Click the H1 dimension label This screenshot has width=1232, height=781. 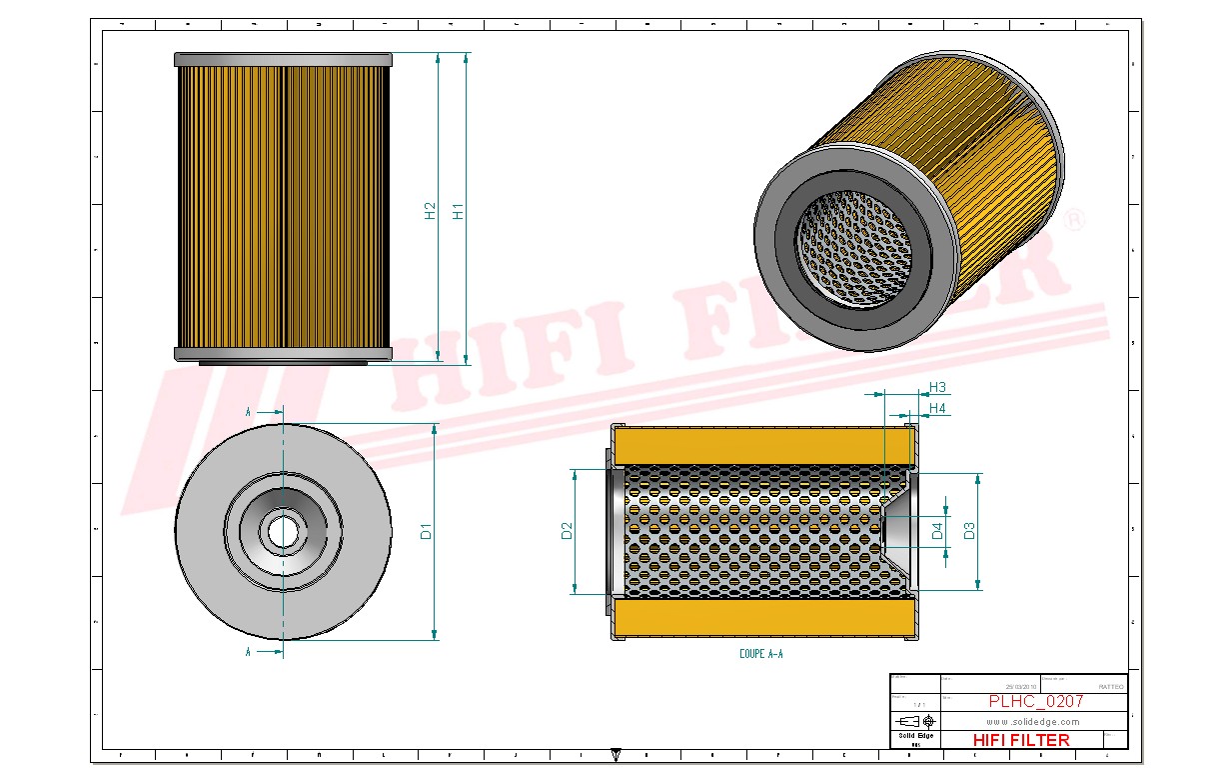point(459,212)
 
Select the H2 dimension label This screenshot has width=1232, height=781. point(431,212)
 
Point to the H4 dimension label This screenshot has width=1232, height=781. point(937,408)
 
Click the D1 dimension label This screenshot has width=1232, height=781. point(427,531)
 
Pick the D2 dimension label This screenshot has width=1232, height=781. point(567,531)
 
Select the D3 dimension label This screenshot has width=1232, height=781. point(969,531)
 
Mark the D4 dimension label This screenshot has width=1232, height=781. point(938,531)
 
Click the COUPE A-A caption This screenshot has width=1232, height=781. point(761,653)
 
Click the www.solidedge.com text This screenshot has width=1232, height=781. point(1032,722)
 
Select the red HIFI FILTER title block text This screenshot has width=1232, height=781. point(1020,740)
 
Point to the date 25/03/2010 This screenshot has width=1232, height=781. point(1020,687)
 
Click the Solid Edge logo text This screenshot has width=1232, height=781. point(915,736)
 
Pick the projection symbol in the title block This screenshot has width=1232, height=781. point(915,721)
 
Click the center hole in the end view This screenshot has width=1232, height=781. point(283,532)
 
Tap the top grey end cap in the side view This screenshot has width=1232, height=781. point(283,59)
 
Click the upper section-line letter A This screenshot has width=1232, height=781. point(249,411)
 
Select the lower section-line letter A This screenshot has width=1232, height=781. point(249,652)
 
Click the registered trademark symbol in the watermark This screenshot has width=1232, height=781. point(1074,219)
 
